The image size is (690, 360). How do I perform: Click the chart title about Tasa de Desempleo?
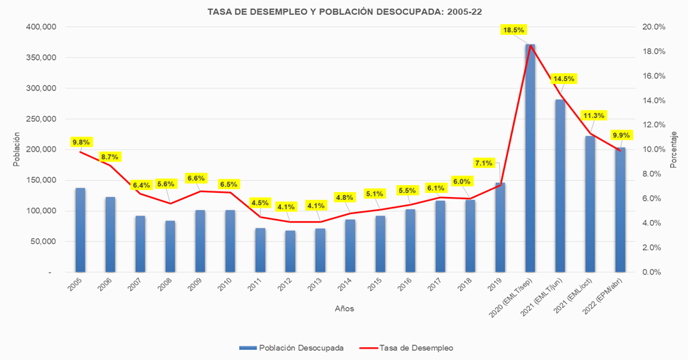344,12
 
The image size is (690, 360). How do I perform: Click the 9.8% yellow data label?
81,142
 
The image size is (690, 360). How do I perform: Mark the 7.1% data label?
484,163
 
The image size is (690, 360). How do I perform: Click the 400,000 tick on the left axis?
40,27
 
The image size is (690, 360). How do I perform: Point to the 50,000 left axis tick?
43,242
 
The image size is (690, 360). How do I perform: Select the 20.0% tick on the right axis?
654,27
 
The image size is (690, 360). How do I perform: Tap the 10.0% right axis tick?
654,149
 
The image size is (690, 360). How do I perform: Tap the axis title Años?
344,309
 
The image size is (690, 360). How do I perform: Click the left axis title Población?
16,149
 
